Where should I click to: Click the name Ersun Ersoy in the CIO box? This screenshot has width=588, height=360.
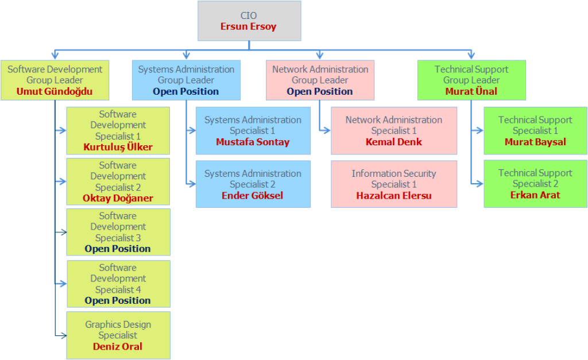click(x=249, y=26)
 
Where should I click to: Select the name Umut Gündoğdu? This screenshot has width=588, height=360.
click(x=55, y=91)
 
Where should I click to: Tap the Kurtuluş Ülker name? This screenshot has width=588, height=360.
click(x=118, y=147)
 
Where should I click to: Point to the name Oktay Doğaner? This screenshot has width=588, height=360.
click(x=118, y=198)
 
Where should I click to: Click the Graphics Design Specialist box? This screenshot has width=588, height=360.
click(x=118, y=335)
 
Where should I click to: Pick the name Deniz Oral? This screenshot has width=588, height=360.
click(x=118, y=346)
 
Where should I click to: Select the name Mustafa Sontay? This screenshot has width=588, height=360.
click(x=253, y=142)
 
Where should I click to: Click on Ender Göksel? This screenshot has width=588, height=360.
click(x=253, y=195)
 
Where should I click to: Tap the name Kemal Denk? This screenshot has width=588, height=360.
click(x=394, y=142)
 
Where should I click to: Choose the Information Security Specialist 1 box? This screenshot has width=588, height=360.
click(x=394, y=184)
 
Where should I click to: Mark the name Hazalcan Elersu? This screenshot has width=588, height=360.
click(x=394, y=195)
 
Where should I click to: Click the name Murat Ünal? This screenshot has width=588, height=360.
click(x=471, y=91)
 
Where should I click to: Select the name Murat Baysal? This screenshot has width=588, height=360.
click(x=535, y=142)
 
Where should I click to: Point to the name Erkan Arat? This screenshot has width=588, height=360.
click(x=535, y=195)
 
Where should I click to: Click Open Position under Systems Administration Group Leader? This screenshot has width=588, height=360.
click(x=186, y=91)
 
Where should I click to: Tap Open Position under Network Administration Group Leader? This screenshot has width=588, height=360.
click(x=320, y=91)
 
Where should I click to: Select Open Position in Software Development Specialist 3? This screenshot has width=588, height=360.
click(x=118, y=249)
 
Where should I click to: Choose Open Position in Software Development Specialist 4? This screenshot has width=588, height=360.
click(x=118, y=300)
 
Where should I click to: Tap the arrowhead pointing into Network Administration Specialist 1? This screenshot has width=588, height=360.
click(x=327, y=130)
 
